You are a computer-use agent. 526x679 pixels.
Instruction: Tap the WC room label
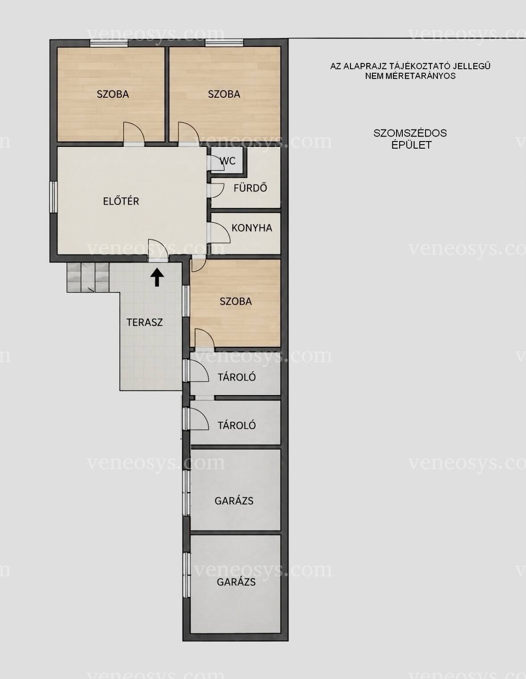[x=228, y=161]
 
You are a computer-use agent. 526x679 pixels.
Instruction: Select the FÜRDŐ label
[x=250, y=187]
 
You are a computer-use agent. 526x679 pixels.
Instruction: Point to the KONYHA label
[x=252, y=228]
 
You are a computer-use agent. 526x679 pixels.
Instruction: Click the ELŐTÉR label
[x=121, y=201]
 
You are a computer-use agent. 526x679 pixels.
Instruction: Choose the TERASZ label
[x=145, y=322]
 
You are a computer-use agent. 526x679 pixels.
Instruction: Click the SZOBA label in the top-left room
[x=113, y=94]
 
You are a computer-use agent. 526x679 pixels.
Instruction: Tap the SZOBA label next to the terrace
[x=236, y=301]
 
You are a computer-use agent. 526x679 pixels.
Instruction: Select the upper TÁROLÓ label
[x=237, y=377]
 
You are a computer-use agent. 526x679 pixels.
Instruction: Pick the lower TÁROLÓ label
[x=237, y=425]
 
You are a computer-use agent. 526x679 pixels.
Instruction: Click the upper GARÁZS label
[x=234, y=501]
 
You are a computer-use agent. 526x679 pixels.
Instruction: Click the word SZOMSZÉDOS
[x=410, y=133]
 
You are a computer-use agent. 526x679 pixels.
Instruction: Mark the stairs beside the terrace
[x=88, y=277]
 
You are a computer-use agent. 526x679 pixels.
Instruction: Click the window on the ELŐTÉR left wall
[x=53, y=197]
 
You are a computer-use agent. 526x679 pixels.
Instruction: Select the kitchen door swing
[x=221, y=233]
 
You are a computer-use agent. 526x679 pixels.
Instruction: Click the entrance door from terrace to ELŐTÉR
[x=159, y=250]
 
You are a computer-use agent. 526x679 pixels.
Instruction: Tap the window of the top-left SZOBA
[x=109, y=43]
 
